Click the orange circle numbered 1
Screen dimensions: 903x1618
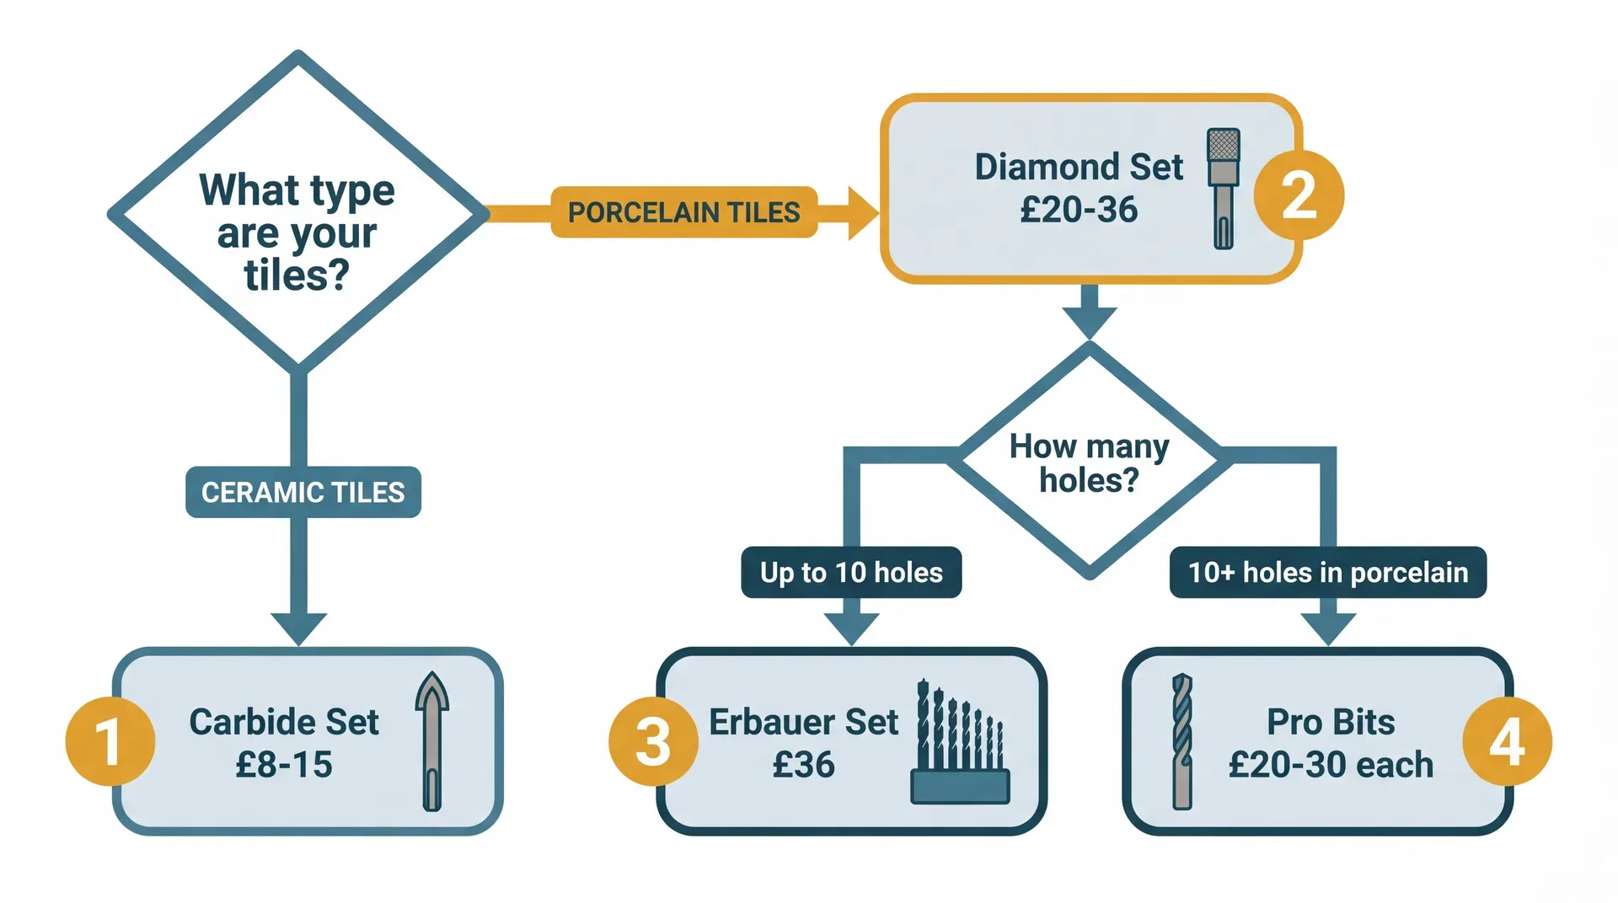click(x=110, y=742)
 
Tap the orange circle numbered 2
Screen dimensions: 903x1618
click(x=1299, y=195)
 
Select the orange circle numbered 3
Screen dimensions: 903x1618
click(x=653, y=742)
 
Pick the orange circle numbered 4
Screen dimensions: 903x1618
click(x=1507, y=742)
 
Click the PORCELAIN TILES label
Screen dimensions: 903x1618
click(x=683, y=212)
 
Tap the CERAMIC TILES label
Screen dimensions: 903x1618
click(x=303, y=492)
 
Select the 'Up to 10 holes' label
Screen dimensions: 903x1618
click(x=851, y=573)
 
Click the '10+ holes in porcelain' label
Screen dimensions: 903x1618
click(x=1327, y=573)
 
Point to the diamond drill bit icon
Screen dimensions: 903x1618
click(x=1223, y=189)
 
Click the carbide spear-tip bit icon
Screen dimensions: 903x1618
click(x=432, y=741)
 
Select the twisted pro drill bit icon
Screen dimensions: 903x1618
click(x=1182, y=741)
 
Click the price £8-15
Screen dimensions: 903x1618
click(x=284, y=765)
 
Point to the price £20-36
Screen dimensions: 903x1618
click(x=1079, y=210)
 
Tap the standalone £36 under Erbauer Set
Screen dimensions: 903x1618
click(x=803, y=765)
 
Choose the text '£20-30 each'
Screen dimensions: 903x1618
click(x=1331, y=765)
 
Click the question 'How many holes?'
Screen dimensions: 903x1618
click(x=1089, y=462)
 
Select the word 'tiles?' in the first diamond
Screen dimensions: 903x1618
click(x=297, y=275)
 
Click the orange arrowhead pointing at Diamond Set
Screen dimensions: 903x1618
click(x=861, y=213)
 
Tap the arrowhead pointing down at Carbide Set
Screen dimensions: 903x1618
click(x=298, y=628)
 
